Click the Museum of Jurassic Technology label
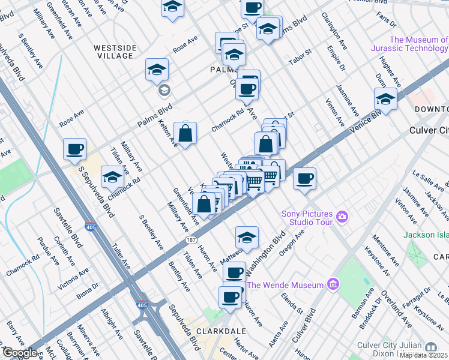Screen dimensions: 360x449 (x=409, y=44)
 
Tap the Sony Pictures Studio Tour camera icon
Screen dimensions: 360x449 (x=343, y=216)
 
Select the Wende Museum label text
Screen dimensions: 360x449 (x=285, y=285)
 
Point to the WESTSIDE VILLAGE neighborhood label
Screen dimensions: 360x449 (x=113, y=51)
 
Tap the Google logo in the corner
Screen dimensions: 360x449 (x=19, y=353)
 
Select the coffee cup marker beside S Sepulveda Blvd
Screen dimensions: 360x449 (x=74, y=149)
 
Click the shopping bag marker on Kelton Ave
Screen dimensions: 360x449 (x=185, y=133)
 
